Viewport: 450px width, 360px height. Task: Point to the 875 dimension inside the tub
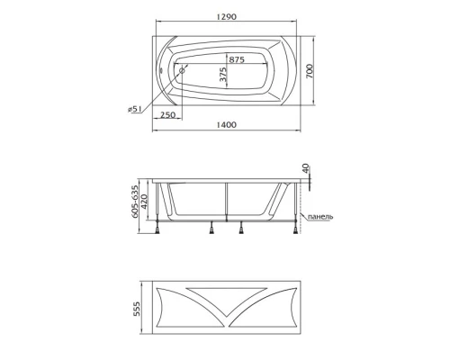(x=237, y=58)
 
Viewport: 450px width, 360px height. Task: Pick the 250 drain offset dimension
(x=167, y=115)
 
